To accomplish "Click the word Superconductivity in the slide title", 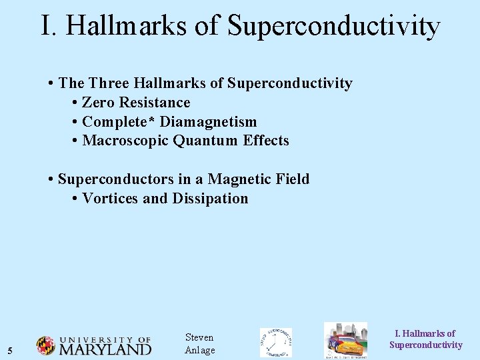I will [x=333, y=26].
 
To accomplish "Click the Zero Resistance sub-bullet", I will [x=136, y=103].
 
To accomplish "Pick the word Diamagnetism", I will [x=208, y=122].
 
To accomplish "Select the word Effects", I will [x=265, y=141].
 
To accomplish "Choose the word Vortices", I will [x=111, y=199].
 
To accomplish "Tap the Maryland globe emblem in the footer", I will [x=45, y=345].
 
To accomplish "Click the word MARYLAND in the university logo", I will [x=105, y=349].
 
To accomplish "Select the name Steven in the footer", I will [x=199, y=337].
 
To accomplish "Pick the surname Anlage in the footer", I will [x=199, y=351].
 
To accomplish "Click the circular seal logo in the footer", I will [x=275, y=343].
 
